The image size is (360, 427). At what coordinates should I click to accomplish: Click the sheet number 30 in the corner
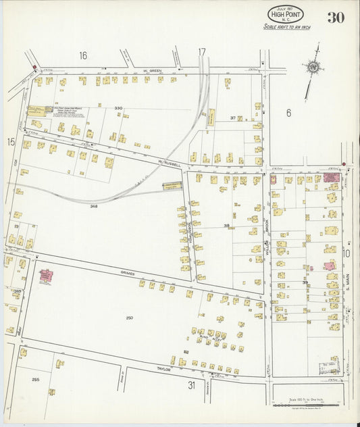point(336,18)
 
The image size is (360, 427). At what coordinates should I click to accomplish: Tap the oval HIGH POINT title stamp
point(285,14)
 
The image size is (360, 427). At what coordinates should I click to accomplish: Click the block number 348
point(94,206)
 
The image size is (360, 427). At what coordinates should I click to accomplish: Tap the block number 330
point(119,108)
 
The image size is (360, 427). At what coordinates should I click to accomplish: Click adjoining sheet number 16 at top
point(83,55)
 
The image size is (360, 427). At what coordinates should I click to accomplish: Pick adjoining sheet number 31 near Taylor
point(192,385)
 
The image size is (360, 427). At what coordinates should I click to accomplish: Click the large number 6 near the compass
point(288,113)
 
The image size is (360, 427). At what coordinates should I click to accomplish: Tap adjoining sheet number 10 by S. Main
point(346,254)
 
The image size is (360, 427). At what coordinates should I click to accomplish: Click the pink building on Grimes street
point(47,276)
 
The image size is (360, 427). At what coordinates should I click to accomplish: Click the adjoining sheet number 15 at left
point(10,142)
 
